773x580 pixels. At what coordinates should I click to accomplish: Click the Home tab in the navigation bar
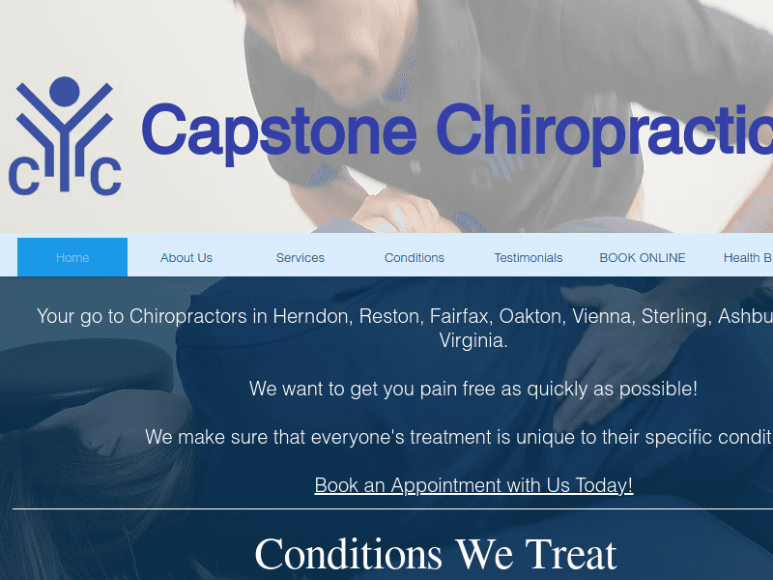coord(72,258)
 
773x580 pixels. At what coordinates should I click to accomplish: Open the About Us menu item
coord(186,258)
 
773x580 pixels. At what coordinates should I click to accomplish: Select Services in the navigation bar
coord(301,258)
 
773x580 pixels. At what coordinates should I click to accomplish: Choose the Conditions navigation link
coord(415,258)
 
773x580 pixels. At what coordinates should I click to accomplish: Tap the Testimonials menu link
coord(529,258)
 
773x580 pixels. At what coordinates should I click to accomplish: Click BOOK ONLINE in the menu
coord(643,258)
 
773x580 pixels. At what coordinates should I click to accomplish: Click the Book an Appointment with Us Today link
coord(473,485)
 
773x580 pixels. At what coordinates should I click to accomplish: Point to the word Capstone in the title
coord(279,130)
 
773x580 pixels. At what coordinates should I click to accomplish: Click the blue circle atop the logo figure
coord(64,92)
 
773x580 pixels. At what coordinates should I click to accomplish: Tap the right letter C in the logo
coord(105,176)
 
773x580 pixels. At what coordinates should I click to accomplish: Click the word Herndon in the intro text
coord(312,316)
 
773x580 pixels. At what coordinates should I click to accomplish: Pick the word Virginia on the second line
coord(473,340)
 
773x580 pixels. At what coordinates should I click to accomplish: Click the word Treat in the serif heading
coord(570,555)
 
